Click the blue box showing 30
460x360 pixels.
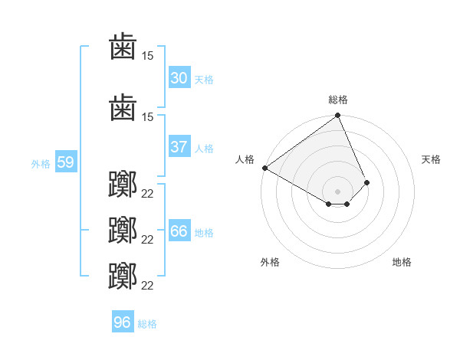(179, 78)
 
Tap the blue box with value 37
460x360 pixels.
(179, 147)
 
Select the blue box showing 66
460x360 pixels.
(179, 231)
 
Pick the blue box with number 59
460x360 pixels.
(65, 162)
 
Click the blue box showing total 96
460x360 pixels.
(122, 322)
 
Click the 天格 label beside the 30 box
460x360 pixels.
(204, 79)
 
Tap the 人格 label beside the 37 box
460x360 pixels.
(204, 148)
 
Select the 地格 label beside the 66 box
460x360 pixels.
(204, 232)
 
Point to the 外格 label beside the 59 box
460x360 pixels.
(41, 163)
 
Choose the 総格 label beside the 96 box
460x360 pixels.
(147, 323)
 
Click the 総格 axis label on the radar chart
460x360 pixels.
(338, 100)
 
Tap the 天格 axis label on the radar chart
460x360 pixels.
(432, 159)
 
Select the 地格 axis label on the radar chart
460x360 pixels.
(402, 262)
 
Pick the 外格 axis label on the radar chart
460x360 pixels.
(270, 262)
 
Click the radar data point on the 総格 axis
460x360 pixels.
(337, 116)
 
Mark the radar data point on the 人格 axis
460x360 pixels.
(264, 168)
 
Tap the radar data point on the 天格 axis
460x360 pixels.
(367, 182)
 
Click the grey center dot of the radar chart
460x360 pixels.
(337, 191)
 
